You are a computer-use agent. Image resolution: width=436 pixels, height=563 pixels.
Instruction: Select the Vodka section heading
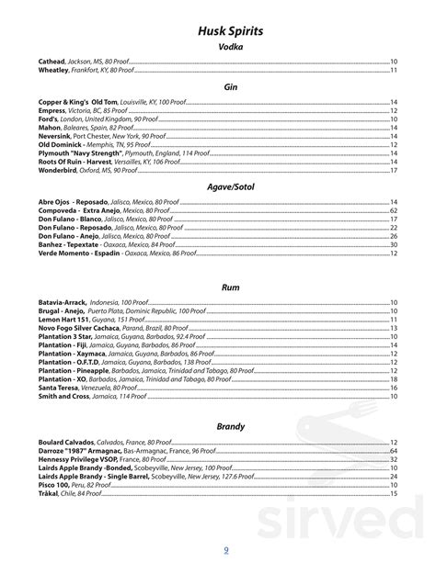(231, 47)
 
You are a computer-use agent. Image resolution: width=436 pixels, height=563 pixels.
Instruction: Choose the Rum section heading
(231, 287)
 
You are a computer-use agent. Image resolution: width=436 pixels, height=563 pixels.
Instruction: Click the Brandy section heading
(231, 400)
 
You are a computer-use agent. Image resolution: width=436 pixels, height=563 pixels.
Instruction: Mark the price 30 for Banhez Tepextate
(393, 244)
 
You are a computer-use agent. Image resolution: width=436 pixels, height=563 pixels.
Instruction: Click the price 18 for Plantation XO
(393, 378)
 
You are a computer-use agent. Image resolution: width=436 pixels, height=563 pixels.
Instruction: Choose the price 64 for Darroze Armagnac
(393, 425)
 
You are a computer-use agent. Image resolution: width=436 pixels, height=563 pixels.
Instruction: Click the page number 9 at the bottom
(228, 551)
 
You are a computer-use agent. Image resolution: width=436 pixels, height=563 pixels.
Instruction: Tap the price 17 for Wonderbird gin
(393, 170)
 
